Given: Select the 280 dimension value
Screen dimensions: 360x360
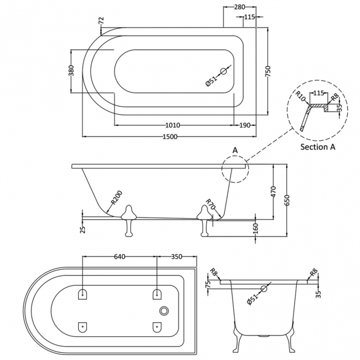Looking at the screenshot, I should [x=239, y=7].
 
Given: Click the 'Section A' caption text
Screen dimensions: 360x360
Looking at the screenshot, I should [x=318, y=147].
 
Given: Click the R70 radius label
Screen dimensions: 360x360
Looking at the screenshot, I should [x=210, y=205].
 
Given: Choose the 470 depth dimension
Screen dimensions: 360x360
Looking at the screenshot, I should [x=272, y=192].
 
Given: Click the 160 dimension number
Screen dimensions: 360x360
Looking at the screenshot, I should [x=255, y=228].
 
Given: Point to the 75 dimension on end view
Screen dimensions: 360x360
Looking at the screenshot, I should [x=209, y=285].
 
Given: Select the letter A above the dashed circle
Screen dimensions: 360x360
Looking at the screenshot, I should [x=235, y=150].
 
